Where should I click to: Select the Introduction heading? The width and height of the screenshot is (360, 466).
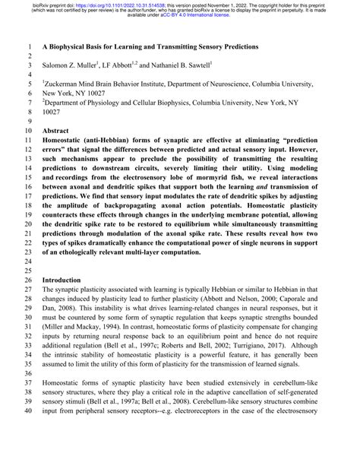(65, 280)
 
